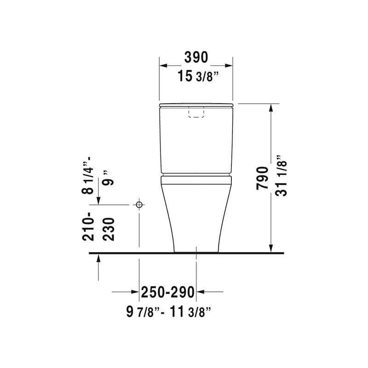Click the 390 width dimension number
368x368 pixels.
(196, 57)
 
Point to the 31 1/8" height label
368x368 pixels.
(282, 177)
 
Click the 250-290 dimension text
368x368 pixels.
(168, 292)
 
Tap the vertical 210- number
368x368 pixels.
(90, 226)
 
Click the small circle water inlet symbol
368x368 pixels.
(139, 204)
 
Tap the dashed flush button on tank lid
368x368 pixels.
(196, 113)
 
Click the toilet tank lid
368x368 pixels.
(196, 105)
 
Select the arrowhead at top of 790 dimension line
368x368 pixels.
(271, 107)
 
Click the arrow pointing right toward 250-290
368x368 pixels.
(135, 292)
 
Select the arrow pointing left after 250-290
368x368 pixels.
(201, 292)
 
